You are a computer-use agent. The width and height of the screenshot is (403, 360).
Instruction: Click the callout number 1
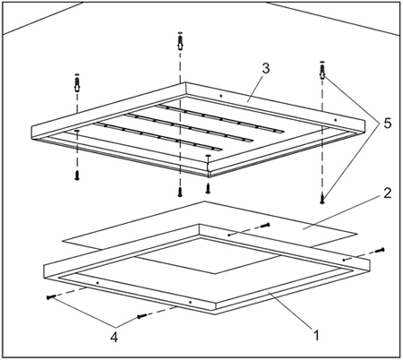[316, 335]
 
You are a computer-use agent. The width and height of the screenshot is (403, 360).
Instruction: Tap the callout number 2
[387, 193]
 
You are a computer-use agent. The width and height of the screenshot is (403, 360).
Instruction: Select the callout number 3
[266, 68]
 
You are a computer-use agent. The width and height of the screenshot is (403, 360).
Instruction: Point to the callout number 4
[114, 337]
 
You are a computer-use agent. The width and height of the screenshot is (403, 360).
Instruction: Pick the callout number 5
[387, 123]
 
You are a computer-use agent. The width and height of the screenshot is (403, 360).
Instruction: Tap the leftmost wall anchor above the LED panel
[77, 82]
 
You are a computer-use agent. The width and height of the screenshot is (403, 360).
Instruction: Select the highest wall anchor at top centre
[180, 41]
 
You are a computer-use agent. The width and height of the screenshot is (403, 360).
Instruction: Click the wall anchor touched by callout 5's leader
[322, 71]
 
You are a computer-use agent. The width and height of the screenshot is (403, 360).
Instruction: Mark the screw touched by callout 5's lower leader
[322, 199]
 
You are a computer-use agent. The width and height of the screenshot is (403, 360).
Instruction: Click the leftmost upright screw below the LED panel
[77, 176]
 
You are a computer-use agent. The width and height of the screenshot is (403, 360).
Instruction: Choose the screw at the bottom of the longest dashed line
[180, 192]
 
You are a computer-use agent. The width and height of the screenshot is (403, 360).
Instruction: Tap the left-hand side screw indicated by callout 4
[51, 297]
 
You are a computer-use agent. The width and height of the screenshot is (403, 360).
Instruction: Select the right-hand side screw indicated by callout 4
[141, 316]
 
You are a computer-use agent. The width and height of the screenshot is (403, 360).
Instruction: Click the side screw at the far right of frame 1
[380, 250]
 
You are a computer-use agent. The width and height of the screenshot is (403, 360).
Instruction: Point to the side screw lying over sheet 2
[265, 225]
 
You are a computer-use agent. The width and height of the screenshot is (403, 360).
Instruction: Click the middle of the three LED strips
[189, 126]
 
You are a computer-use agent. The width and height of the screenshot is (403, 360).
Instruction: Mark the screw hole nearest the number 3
[220, 96]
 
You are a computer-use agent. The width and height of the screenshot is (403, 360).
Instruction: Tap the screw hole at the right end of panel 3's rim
[335, 120]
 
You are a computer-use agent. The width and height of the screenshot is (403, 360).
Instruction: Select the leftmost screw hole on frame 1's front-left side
[98, 282]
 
